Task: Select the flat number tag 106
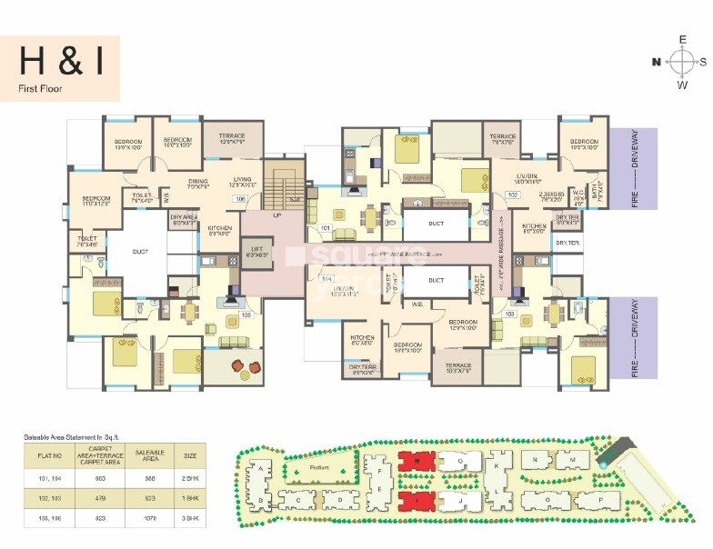240,198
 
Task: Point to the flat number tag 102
512,195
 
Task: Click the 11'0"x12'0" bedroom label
95,202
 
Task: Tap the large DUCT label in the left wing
140,252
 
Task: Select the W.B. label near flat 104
417,304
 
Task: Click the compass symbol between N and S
680,62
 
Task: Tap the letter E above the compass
680,39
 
